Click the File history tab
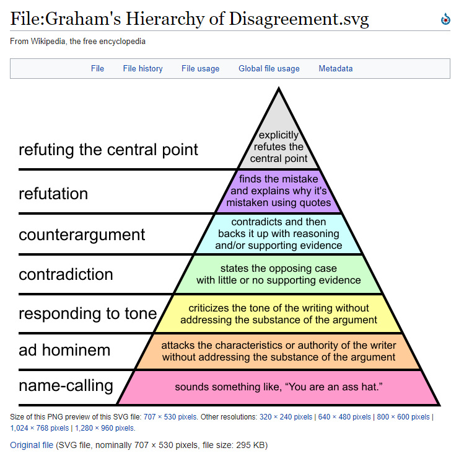tap(142, 69)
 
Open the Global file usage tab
tap(269, 69)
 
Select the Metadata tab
tap(335, 69)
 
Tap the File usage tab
tap(200, 69)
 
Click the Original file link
tap(32, 445)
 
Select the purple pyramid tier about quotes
tap(278, 191)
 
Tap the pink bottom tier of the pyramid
tap(278, 387)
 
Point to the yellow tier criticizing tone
tap(278, 314)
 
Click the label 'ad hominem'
tap(64, 350)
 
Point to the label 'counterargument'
tap(82, 235)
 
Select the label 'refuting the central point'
tap(108, 150)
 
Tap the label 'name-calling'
tap(66, 385)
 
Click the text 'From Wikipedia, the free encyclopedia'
tap(78, 42)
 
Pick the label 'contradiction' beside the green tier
tap(66, 274)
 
